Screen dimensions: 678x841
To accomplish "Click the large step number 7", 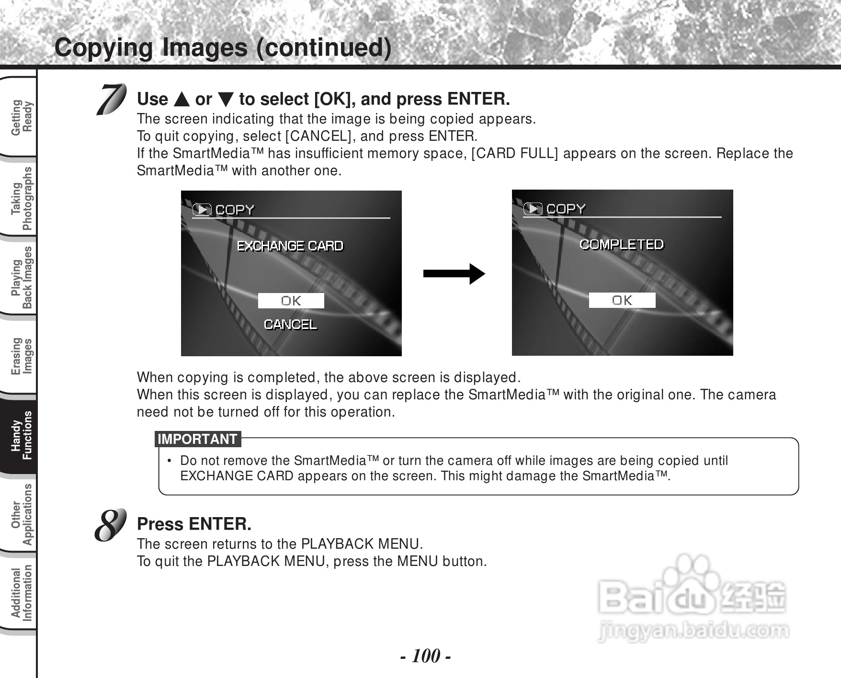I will pyautogui.click(x=111, y=99).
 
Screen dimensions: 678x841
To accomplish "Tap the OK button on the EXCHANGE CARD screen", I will pyautogui.click(x=291, y=301).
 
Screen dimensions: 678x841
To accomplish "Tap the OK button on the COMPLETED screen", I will pyautogui.click(x=622, y=300).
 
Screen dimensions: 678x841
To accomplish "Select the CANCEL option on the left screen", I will pyautogui.click(x=290, y=325).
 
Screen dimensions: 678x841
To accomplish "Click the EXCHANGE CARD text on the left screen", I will pyautogui.click(x=290, y=246).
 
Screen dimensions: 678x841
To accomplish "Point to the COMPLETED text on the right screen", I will pyautogui.click(x=621, y=245).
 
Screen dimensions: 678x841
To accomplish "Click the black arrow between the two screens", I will pyautogui.click(x=454, y=274).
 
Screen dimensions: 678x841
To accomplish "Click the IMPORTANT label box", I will pyautogui.click(x=197, y=439).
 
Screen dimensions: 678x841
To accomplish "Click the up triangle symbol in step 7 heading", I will pyautogui.click(x=182, y=100).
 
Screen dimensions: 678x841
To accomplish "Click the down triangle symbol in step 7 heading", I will pyautogui.click(x=226, y=100).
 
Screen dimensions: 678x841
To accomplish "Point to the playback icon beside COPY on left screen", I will pyautogui.click(x=202, y=210).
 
